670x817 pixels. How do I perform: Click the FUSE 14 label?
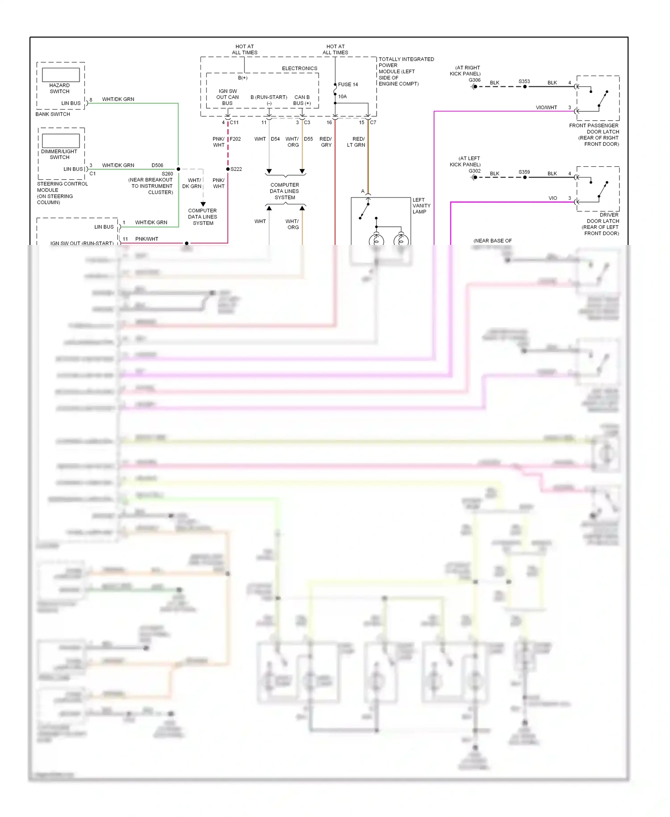pos(348,84)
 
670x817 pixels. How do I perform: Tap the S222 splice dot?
pos(228,169)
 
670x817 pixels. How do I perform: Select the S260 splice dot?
pos(178,169)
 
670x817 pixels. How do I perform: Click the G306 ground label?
pos(474,80)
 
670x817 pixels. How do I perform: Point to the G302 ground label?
pos(474,171)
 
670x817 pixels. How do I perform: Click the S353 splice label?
pos(524,81)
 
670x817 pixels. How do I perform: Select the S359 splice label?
pos(524,172)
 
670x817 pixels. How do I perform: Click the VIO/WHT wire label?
pos(546,108)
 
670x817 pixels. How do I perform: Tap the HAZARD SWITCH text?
pos(59,88)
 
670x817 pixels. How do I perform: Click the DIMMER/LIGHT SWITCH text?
pos(59,154)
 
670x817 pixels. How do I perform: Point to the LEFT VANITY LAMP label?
pos(421,206)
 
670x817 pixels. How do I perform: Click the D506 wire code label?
pos(157,165)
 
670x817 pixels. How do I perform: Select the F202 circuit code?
pos(235,139)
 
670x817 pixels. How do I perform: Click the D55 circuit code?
pos(308,139)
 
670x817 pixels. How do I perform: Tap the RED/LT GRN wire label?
pos(356,142)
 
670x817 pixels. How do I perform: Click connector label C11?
pos(234,122)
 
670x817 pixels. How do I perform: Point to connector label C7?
pos(373,122)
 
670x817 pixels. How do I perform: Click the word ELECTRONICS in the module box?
pos(299,68)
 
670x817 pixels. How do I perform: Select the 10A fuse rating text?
pos(342,97)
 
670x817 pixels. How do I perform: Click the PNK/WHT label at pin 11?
pos(147,239)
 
